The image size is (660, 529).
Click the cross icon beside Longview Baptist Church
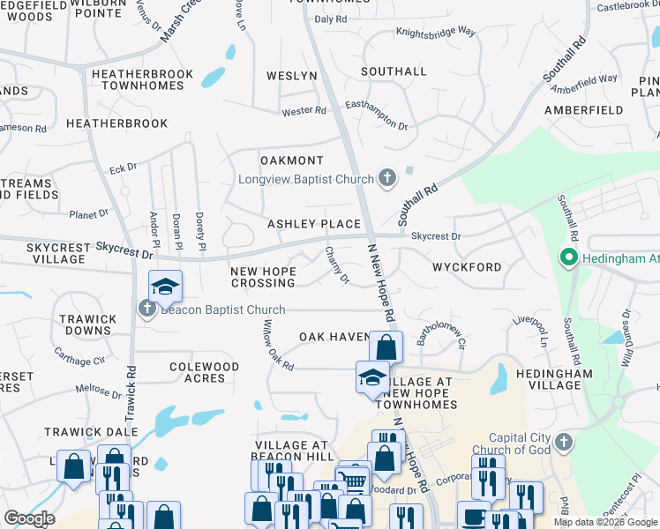[386, 179]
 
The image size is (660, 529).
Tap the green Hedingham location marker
[569, 258]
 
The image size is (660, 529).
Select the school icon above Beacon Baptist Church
[164, 287]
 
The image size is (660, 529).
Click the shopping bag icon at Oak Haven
[386, 346]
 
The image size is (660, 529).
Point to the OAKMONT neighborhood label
[292, 160]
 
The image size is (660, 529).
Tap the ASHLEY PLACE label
[314, 225]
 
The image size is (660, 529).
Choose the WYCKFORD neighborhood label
[467, 267]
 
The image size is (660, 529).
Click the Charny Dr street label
[337, 265]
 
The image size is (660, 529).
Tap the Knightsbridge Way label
[436, 32]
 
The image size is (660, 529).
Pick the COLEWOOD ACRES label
[204, 372]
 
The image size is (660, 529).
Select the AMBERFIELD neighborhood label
[578, 110]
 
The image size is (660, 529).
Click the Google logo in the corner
[29, 518]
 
